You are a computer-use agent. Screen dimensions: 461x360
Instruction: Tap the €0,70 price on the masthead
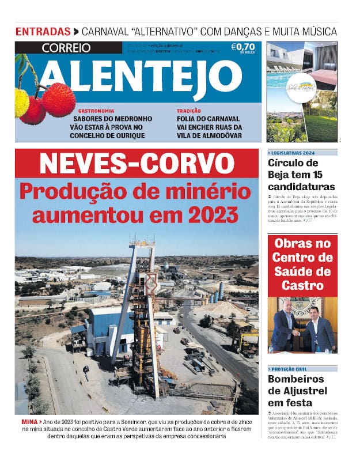point(242,47)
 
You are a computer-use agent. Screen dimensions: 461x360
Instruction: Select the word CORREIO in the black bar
point(66,48)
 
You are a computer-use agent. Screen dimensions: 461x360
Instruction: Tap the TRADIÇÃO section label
point(189,111)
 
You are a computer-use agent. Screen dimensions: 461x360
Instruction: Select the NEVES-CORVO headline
point(137,163)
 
